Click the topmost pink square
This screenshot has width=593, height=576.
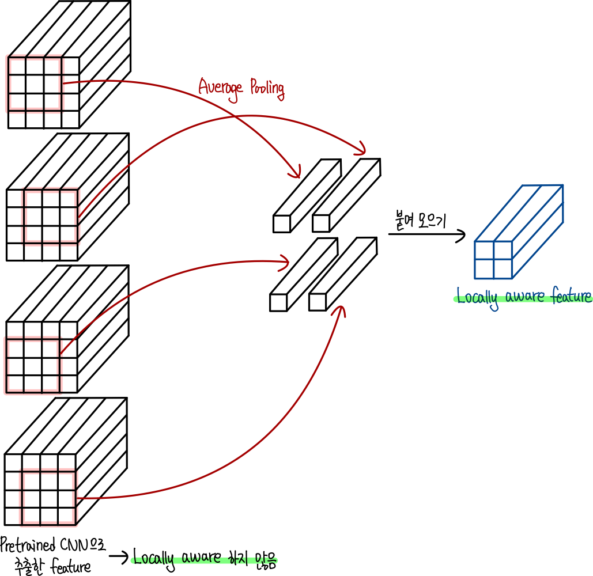click(x=35, y=84)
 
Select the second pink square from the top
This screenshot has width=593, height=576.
click(x=51, y=217)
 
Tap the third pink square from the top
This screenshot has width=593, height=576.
click(x=33, y=365)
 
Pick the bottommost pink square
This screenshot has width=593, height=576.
click(x=48, y=498)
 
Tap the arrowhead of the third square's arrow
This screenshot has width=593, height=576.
click(x=285, y=263)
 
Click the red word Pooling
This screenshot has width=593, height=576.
click(x=267, y=90)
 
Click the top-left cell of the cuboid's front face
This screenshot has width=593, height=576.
click(x=484, y=251)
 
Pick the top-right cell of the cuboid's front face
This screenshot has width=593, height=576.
click(x=503, y=251)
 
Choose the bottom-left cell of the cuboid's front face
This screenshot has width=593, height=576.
click(x=484, y=269)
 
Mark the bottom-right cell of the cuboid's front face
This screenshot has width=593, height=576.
click(x=503, y=269)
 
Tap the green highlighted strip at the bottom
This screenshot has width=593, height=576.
click(x=205, y=560)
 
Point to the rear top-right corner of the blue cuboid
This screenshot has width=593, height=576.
click(x=563, y=185)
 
